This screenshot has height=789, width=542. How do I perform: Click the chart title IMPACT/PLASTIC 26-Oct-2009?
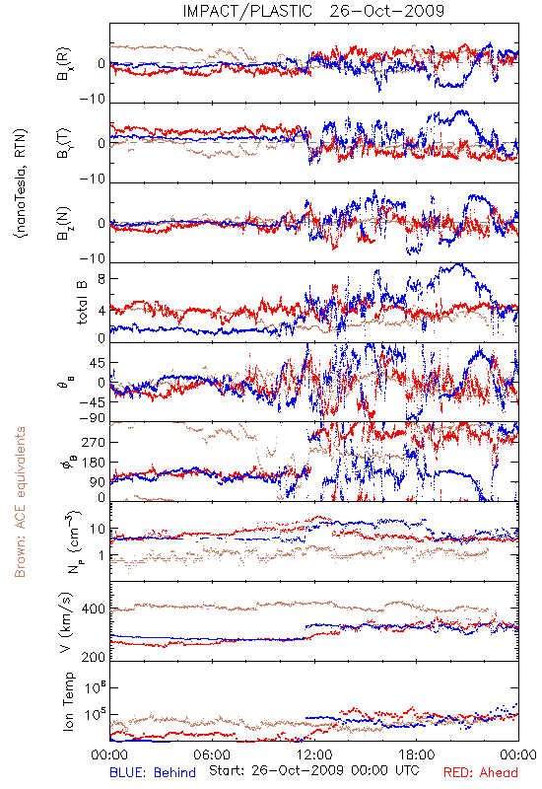click(313, 11)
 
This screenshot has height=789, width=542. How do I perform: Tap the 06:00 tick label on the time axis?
click(212, 754)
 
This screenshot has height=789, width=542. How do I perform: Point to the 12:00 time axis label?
click(314, 754)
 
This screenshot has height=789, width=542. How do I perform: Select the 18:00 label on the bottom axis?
click(417, 754)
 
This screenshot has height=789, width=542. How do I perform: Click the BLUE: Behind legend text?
click(153, 772)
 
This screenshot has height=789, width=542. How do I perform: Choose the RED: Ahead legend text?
click(481, 772)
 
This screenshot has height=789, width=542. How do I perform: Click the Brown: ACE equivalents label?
click(20, 502)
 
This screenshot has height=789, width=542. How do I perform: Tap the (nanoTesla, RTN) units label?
click(21, 182)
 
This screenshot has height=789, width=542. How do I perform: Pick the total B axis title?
click(82, 303)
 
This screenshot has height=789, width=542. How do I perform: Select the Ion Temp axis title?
click(68, 701)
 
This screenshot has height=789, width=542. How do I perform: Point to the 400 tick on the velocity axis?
click(94, 610)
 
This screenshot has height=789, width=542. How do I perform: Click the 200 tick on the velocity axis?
click(94, 657)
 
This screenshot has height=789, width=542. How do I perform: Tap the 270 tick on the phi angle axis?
click(94, 442)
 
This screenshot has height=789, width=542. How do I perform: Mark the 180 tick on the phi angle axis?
click(94, 463)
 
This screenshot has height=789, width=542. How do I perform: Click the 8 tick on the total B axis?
click(102, 279)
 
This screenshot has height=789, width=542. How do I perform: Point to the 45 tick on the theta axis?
click(98, 363)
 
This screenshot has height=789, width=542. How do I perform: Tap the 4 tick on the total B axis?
click(102, 311)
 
